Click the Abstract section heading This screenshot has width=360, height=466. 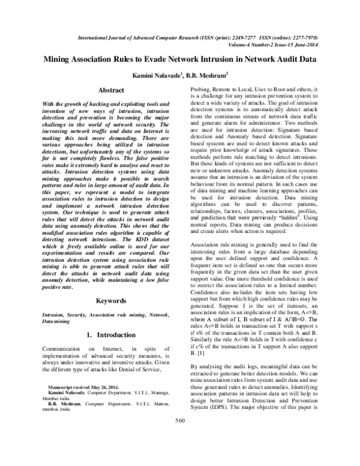tap(110, 90)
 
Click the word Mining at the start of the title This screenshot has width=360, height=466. tap(58, 60)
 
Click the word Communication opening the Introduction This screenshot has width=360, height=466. tap(63, 332)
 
